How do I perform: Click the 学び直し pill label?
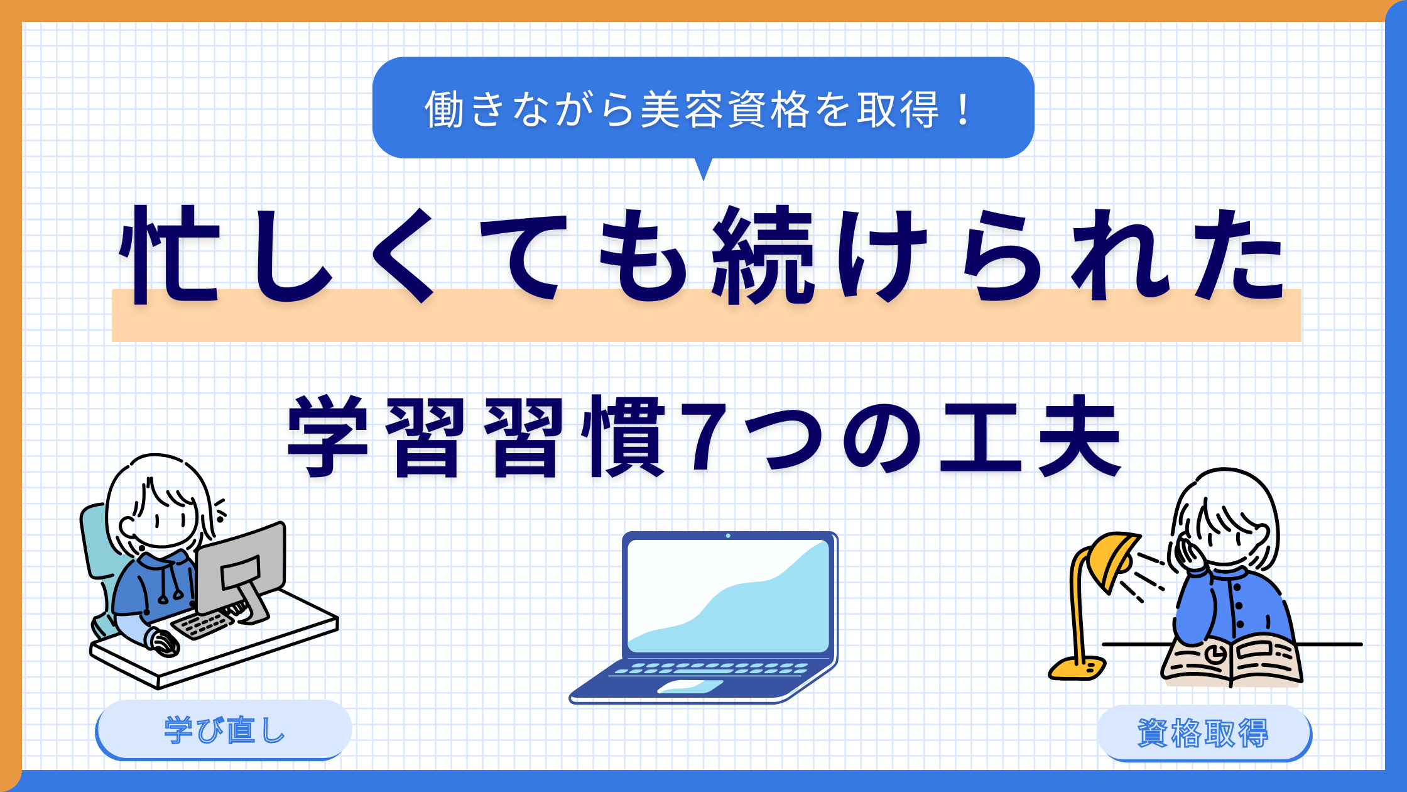coord(224,730)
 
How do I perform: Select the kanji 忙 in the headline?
coord(170,255)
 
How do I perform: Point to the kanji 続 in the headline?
coord(764,255)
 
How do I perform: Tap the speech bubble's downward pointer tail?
coord(703,168)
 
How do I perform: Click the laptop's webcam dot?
coord(728,536)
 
